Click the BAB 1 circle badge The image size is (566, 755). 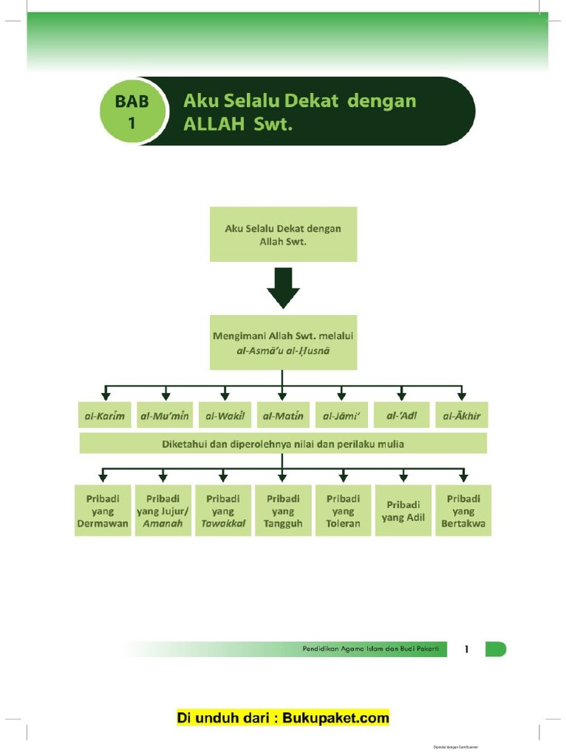[x=131, y=112]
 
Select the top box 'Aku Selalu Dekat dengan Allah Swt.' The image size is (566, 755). [x=283, y=234]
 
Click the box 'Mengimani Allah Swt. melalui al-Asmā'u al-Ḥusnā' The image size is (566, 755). [x=283, y=343]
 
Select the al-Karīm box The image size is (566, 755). [x=104, y=416]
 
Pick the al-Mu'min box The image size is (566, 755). [x=164, y=416]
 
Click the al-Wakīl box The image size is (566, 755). [x=224, y=416]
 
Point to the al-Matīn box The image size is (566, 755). [x=283, y=416]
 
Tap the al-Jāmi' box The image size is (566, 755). [x=342, y=416]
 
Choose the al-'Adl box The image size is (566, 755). [x=402, y=416]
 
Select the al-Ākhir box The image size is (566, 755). [x=462, y=416]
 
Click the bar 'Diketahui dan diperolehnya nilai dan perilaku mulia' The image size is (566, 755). [x=283, y=443]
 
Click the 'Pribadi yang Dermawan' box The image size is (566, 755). [x=103, y=510]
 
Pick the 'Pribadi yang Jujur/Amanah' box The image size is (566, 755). [x=164, y=510]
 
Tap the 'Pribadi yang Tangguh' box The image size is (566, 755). [x=283, y=510]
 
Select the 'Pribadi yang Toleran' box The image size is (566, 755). [x=343, y=510]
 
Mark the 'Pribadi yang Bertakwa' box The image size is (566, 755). [x=463, y=510]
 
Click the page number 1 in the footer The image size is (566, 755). [x=467, y=649]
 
